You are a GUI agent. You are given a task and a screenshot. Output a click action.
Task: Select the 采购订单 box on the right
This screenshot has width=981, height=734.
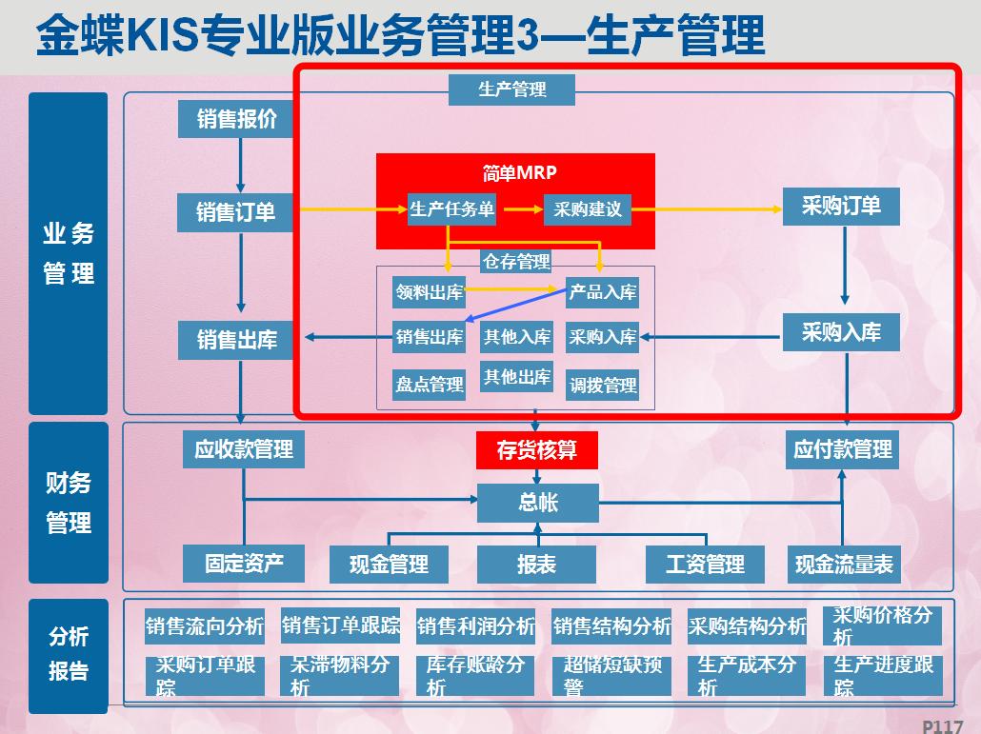coord(841,206)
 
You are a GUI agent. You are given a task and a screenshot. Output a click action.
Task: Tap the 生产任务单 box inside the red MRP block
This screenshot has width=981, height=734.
coord(451,209)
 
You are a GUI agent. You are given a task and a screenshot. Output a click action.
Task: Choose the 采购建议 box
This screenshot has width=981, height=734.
coord(588,209)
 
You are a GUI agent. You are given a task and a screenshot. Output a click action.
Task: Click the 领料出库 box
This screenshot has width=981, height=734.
coord(429,292)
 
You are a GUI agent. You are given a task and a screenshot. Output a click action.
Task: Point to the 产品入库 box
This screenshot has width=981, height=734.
coord(602,292)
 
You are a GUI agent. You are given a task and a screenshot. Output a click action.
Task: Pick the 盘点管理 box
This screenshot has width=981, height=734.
coord(429,385)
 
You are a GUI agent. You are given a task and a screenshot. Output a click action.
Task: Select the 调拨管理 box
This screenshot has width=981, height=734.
coord(602,385)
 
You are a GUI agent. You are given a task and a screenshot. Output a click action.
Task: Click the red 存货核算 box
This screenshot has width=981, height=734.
coord(537,450)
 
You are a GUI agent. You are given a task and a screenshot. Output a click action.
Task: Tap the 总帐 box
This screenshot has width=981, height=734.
coord(537,503)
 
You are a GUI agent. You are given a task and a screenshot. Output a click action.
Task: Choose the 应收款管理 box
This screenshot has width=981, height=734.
coord(244,448)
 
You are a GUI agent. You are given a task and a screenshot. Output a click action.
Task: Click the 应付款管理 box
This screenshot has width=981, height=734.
coord(843,448)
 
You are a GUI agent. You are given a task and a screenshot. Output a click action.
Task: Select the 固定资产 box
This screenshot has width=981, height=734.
coord(244,563)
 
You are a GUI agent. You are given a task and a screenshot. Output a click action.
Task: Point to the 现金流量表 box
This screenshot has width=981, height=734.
coord(844,565)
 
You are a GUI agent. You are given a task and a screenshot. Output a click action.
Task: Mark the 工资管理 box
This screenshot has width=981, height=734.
coord(705,565)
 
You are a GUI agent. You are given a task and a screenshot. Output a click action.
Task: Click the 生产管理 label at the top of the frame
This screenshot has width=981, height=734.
coord(511,89)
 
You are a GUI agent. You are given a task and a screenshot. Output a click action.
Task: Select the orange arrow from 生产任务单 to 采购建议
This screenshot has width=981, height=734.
coord(519,208)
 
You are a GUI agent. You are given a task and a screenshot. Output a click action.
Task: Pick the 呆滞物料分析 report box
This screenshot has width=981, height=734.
coord(340,675)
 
